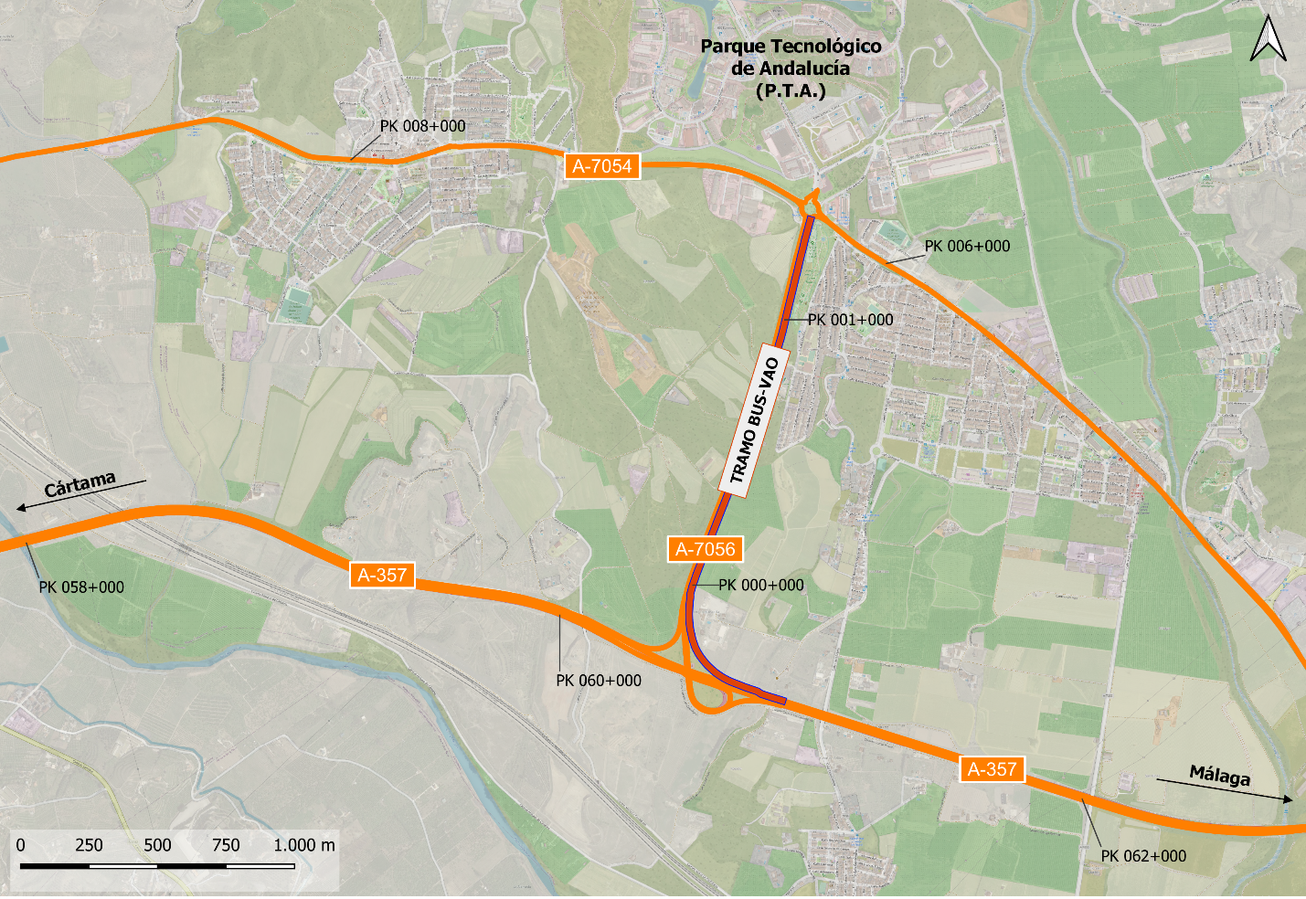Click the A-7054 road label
601,166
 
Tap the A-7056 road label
705,549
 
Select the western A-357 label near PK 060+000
382,576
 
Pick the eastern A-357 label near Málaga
992,769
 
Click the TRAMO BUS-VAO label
755,421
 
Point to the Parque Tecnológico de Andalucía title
791,68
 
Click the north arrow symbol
1268,39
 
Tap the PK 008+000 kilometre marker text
422,126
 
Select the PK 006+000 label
967,246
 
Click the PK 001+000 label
850,320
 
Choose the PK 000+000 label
760,586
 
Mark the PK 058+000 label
81,587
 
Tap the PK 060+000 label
599,681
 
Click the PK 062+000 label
1143,856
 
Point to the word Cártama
80,483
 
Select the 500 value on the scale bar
157,845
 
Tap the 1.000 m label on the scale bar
304,845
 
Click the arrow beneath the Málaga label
1225,790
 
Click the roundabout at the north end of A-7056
810,206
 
